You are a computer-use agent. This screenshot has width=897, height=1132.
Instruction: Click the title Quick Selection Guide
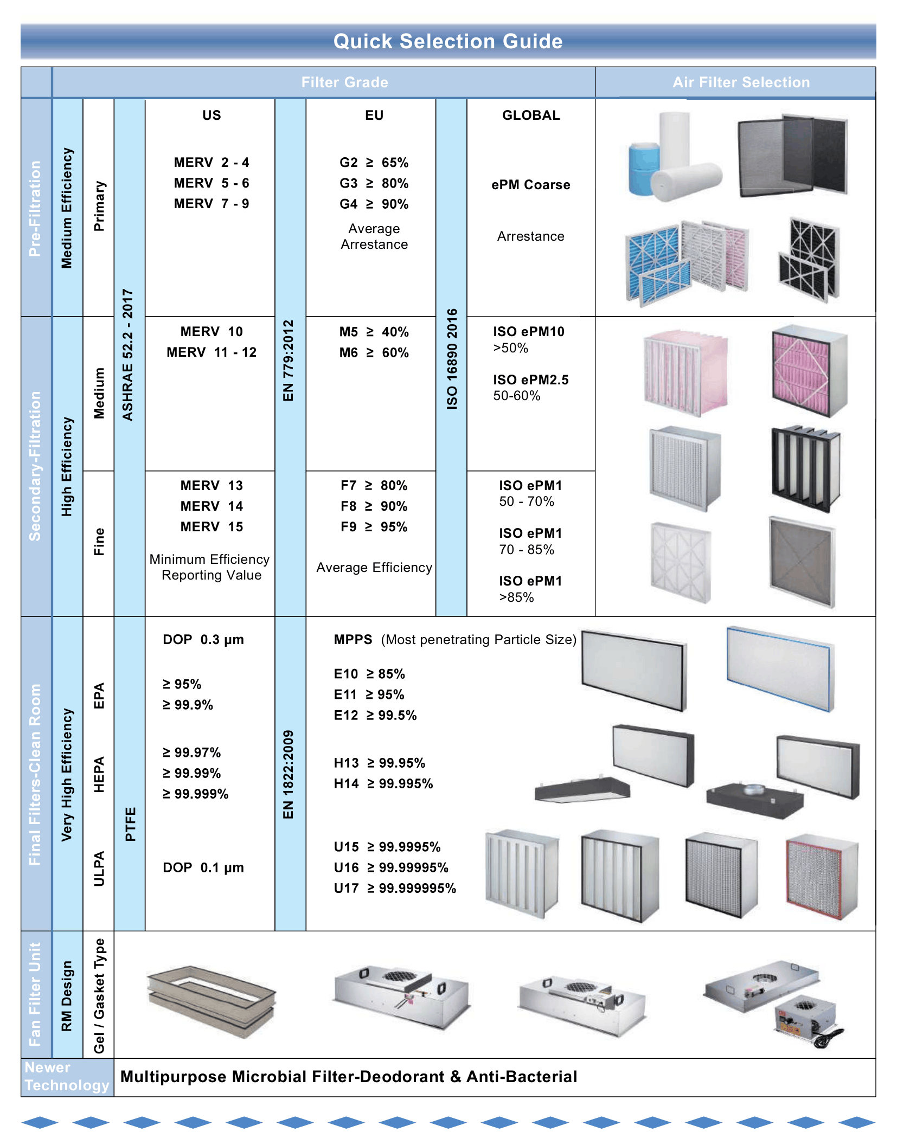(448, 41)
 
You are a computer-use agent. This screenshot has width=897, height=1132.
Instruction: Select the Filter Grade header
(344, 82)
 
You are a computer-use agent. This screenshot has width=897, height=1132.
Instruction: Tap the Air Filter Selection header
(741, 82)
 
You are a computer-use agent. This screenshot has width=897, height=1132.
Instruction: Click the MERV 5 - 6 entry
(212, 183)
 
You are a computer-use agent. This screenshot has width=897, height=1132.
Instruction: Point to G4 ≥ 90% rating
(374, 204)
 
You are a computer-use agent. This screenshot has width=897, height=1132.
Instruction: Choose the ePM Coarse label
(531, 185)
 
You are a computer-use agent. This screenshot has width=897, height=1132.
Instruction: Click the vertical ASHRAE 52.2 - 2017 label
(127, 355)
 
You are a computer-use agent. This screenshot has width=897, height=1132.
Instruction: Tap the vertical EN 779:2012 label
(289, 361)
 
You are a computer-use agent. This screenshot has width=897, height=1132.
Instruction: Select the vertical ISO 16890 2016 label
(452, 359)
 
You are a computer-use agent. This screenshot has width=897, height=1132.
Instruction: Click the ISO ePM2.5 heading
(531, 380)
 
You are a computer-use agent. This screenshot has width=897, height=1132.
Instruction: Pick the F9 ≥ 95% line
(374, 527)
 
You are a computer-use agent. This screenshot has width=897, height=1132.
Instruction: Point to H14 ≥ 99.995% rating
(383, 784)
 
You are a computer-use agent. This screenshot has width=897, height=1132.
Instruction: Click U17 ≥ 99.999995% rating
(395, 889)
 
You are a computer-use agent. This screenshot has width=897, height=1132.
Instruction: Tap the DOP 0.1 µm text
(203, 868)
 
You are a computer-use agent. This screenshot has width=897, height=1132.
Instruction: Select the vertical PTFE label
(130, 824)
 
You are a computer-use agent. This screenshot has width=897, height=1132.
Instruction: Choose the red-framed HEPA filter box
(822, 877)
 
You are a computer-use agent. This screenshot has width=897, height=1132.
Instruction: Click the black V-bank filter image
(806, 468)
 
